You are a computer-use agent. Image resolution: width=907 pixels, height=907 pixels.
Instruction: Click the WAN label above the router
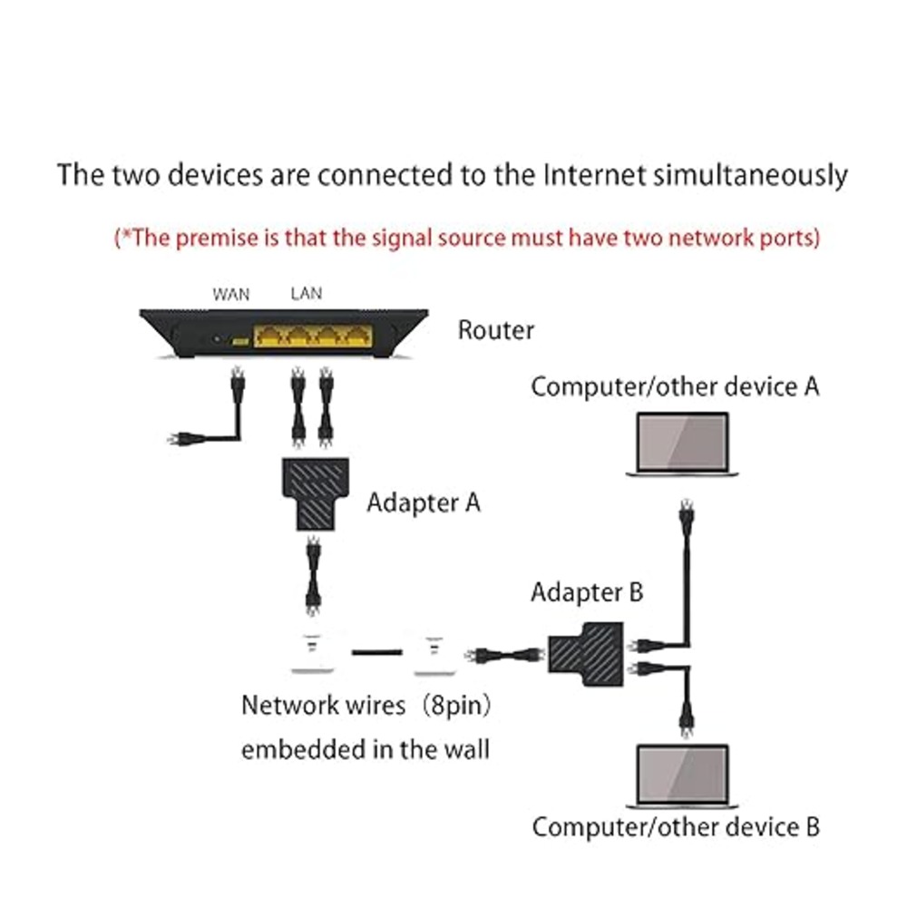[x=230, y=294]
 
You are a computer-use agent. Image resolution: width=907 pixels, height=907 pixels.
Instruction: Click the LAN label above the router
[x=306, y=294]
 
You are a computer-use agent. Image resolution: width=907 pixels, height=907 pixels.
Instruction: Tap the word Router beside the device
[x=495, y=330]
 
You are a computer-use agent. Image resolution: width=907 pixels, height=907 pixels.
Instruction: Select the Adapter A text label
[x=423, y=502]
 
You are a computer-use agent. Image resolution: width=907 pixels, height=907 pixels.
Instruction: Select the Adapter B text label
[x=587, y=592]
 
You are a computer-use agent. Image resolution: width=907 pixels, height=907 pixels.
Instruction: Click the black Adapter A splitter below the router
[x=313, y=493]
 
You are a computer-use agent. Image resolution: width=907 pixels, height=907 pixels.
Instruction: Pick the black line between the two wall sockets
[x=372, y=652]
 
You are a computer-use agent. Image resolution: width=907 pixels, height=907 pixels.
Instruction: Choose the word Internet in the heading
[x=594, y=174]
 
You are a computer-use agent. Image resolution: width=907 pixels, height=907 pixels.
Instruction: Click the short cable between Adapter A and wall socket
[x=313, y=576]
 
